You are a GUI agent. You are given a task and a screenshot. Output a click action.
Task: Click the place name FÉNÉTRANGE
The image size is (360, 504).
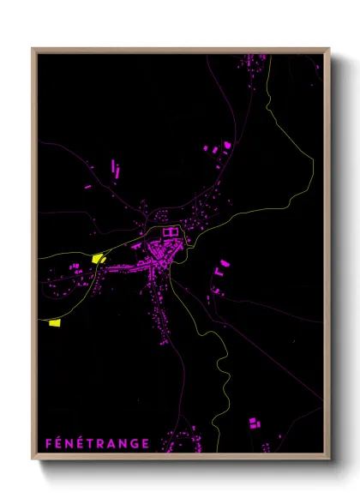(98, 443)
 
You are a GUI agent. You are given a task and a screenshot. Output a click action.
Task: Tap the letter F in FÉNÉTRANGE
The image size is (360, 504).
(49, 443)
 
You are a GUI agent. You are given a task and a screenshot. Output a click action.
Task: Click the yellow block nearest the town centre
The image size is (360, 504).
(98, 257)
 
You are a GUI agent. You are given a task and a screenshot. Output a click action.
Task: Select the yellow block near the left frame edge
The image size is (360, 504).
(55, 322)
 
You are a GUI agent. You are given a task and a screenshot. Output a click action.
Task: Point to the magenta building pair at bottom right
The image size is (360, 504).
(255, 423)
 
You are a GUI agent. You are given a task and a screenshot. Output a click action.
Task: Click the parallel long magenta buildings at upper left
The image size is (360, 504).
(115, 167)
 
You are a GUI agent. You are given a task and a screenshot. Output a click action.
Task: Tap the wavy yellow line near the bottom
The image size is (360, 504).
(225, 377)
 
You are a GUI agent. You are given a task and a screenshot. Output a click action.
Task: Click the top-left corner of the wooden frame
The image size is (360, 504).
(33, 48)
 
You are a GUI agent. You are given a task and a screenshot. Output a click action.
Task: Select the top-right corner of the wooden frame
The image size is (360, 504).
(328, 48)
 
